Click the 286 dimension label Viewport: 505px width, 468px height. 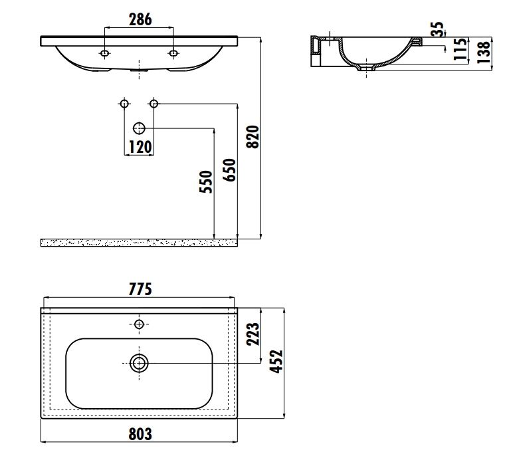(x=139, y=19)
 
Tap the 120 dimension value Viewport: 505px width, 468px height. (x=140, y=146)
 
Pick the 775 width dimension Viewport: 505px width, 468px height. (x=140, y=289)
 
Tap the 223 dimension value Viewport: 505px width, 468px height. (x=252, y=334)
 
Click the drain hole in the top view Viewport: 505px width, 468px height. (x=139, y=363)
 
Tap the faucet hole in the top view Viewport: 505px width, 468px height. (x=139, y=324)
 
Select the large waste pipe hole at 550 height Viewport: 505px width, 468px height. (x=139, y=128)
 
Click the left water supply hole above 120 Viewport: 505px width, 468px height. (x=124, y=103)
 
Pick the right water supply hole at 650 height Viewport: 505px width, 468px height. (x=153, y=103)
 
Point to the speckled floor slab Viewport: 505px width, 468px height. (x=139, y=242)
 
